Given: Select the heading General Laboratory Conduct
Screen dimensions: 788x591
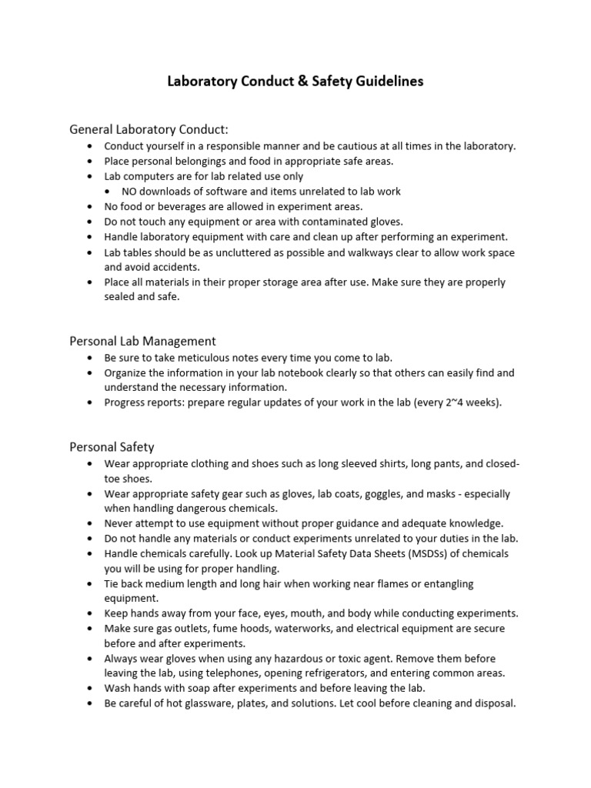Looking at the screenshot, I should point(149,128).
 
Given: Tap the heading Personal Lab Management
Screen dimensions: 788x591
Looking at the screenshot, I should point(142,340).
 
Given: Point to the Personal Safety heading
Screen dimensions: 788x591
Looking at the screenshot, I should point(112,446).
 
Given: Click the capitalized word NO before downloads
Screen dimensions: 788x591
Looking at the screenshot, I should point(131,191).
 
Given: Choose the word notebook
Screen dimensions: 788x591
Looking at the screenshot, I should point(324,372).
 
